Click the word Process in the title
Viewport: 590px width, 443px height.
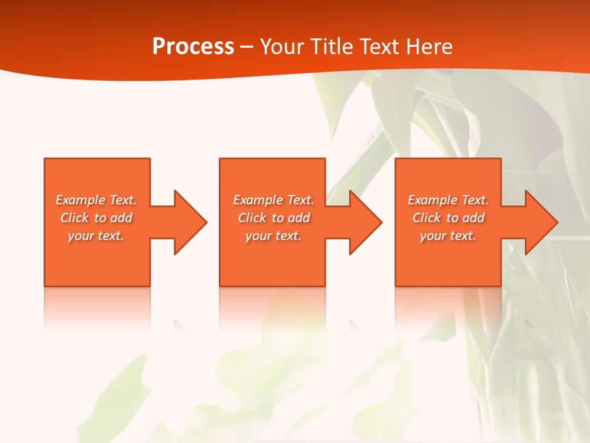tap(193, 47)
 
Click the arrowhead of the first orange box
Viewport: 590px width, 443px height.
tap(190, 222)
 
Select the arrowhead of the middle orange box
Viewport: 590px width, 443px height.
tap(366, 222)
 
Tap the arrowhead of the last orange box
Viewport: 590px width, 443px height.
tap(541, 222)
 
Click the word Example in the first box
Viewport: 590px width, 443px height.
tap(81, 200)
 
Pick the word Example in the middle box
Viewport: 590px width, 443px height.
tap(258, 200)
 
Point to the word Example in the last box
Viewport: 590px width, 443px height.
tap(433, 200)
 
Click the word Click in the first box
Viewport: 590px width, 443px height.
tap(74, 218)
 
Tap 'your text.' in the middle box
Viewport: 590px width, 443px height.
tap(273, 236)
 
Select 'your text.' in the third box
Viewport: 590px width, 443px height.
tap(447, 236)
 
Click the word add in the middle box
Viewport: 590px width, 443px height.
tap(298, 218)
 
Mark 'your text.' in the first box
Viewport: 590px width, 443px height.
tap(96, 236)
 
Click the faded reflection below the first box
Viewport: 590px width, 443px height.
tap(97, 308)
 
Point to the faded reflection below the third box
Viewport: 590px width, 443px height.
tap(447, 308)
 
